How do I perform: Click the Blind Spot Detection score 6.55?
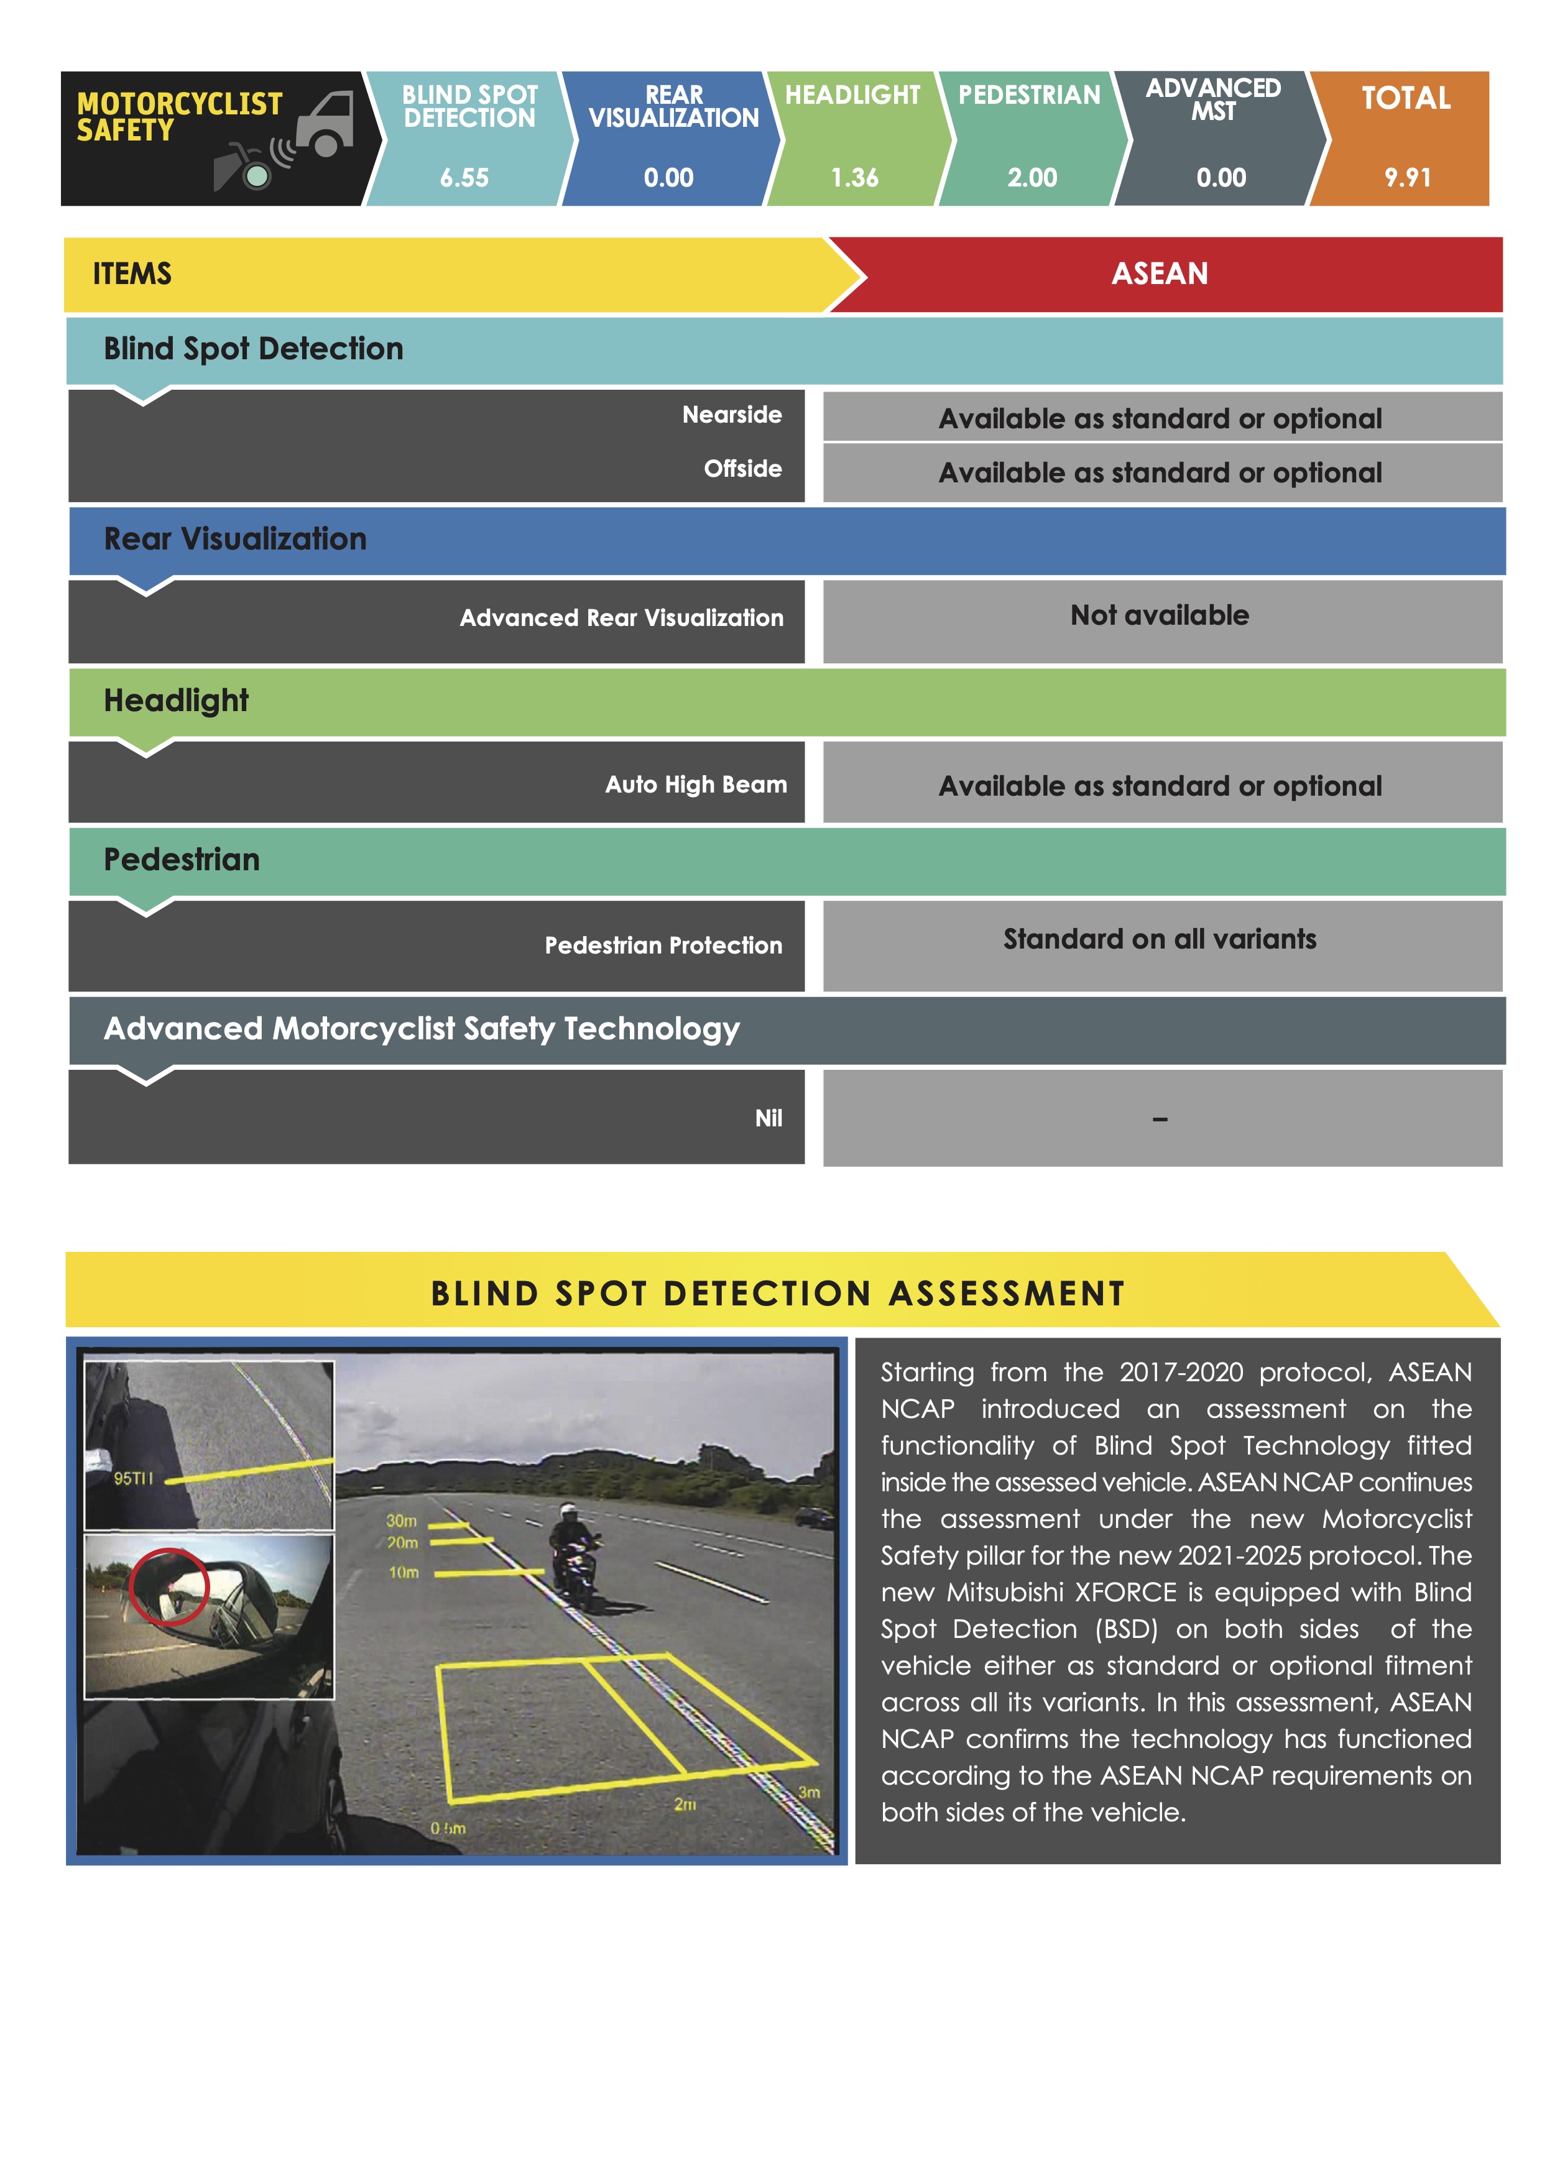click(464, 178)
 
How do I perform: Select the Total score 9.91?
click(1407, 178)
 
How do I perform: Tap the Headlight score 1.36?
click(854, 178)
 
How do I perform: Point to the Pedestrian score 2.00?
click(1032, 178)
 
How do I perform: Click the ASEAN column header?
click(1160, 274)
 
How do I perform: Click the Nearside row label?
click(731, 415)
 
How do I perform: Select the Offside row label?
click(742, 469)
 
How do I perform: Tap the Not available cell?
click(1160, 616)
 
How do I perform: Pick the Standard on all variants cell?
click(1160, 940)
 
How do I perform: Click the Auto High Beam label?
click(696, 785)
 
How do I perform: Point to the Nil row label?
click(768, 1118)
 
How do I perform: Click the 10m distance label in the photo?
click(404, 1572)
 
